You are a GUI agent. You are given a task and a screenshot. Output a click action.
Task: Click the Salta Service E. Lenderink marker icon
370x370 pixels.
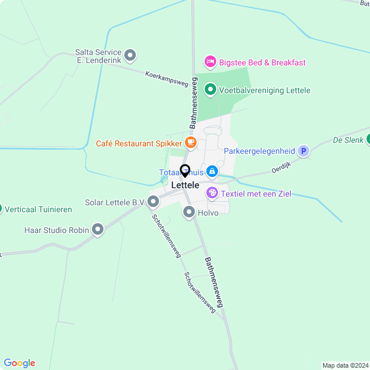click(x=131, y=55)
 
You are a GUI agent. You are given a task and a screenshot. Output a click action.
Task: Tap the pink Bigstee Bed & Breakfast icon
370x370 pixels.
click(x=210, y=62)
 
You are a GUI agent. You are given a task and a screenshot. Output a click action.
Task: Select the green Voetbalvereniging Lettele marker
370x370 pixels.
click(x=210, y=90)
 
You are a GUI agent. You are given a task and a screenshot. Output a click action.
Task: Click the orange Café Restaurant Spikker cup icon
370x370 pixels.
click(x=191, y=142)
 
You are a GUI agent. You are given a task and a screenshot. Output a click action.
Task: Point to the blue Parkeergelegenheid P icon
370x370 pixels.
click(x=304, y=151)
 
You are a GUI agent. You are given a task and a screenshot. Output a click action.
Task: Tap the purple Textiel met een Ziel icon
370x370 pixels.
click(x=212, y=193)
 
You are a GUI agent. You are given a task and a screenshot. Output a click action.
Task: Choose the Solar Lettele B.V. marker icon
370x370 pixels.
click(x=153, y=202)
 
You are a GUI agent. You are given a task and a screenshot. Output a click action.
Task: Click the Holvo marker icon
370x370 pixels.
click(x=189, y=212)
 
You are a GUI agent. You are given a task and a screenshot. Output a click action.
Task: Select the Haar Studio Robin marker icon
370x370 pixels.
click(x=98, y=230)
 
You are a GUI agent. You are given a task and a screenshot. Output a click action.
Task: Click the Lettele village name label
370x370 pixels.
click(x=185, y=185)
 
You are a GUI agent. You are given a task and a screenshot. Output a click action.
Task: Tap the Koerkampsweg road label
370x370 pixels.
click(x=167, y=79)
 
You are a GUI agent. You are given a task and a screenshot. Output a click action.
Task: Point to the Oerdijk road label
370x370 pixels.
click(x=280, y=169)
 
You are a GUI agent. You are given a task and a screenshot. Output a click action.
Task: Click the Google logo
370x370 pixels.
click(x=19, y=363)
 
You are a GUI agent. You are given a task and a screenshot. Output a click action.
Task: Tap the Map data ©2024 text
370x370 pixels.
click(x=345, y=365)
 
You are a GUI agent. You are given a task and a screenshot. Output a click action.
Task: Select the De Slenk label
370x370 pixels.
click(x=348, y=140)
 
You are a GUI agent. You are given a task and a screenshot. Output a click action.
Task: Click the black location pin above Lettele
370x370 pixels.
click(x=185, y=171)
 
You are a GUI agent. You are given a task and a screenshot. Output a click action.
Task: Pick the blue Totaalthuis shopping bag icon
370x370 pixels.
click(x=212, y=171)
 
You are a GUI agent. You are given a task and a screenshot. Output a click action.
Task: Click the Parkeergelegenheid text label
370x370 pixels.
click(x=260, y=151)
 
